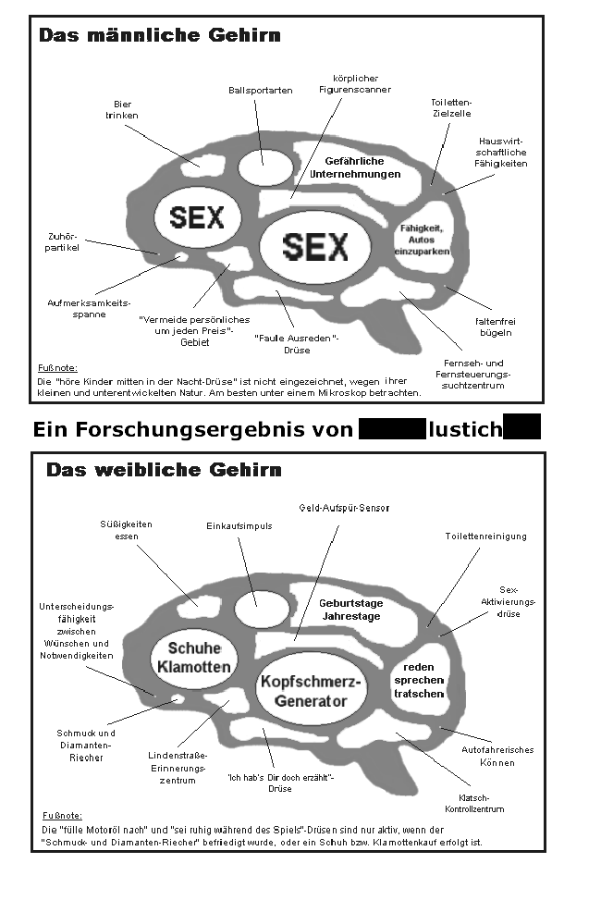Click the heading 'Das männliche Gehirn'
pyautogui.click(x=160, y=36)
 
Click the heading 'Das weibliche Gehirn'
pyautogui.click(x=164, y=470)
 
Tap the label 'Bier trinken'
pyautogui.click(x=126, y=110)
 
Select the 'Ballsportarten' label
pyautogui.click(x=260, y=90)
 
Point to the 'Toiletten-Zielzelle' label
pyautogui.click(x=451, y=107)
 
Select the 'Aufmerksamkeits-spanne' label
pyautogui.click(x=90, y=308)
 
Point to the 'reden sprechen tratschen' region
pyautogui.click(x=419, y=680)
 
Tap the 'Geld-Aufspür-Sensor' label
pyautogui.click(x=344, y=508)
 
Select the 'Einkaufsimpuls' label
pyautogui.click(x=239, y=525)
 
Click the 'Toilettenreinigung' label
pyautogui.click(x=485, y=536)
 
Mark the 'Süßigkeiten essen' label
pyautogui.click(x=126, y=530)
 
